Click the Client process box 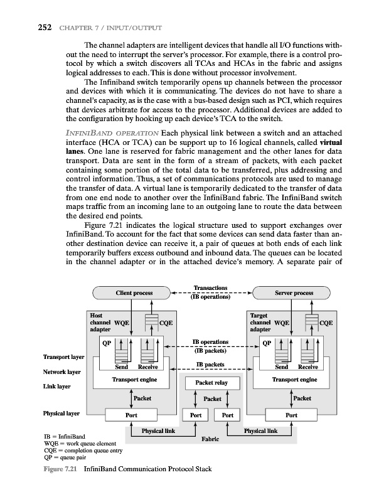coord(132,293)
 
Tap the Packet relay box coord(212,382)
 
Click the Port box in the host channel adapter coord(131,415)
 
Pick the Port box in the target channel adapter coord(291,415)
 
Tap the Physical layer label coord(61,414)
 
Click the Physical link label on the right coord(260,431)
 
